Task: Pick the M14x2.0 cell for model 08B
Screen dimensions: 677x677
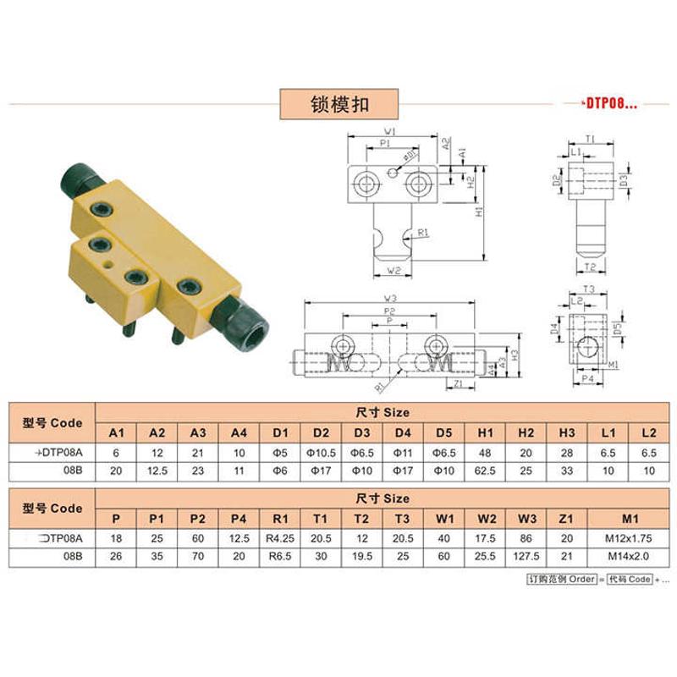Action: (x=626, y=557)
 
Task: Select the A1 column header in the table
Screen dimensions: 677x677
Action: (x=117, y=432)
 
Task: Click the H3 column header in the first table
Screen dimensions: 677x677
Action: (x=568, y=432)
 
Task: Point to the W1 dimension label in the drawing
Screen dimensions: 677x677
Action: (x=390, y=132)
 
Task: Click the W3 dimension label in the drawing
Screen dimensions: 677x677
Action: (x=390, y=298)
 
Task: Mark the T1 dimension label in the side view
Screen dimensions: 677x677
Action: (x=590, y=138)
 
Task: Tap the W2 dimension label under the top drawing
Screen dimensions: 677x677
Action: (x=391, y=271)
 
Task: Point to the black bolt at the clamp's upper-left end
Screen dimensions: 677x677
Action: (x=80, y=180)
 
